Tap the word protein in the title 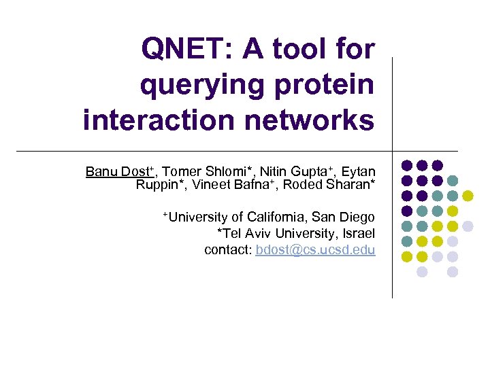323,85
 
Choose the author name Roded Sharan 329,185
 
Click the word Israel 357,234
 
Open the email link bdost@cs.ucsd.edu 315,250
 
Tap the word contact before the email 228,250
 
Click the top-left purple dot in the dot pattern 407,165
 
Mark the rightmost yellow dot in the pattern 468,196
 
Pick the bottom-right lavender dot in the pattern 453,272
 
